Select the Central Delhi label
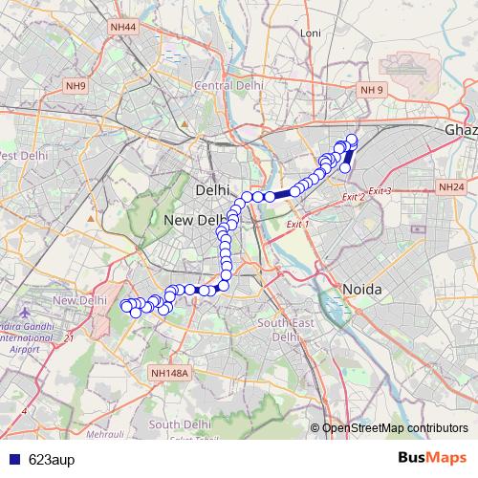point(228,85)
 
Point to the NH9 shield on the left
point(76,87)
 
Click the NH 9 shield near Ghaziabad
point(372,90)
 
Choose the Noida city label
point(362,289)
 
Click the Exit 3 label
point(380,191)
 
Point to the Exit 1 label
point(299,223)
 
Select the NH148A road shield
point(171,374)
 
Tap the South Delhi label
point(179,424)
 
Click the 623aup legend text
point(50,459)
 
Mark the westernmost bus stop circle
point(125,306)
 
